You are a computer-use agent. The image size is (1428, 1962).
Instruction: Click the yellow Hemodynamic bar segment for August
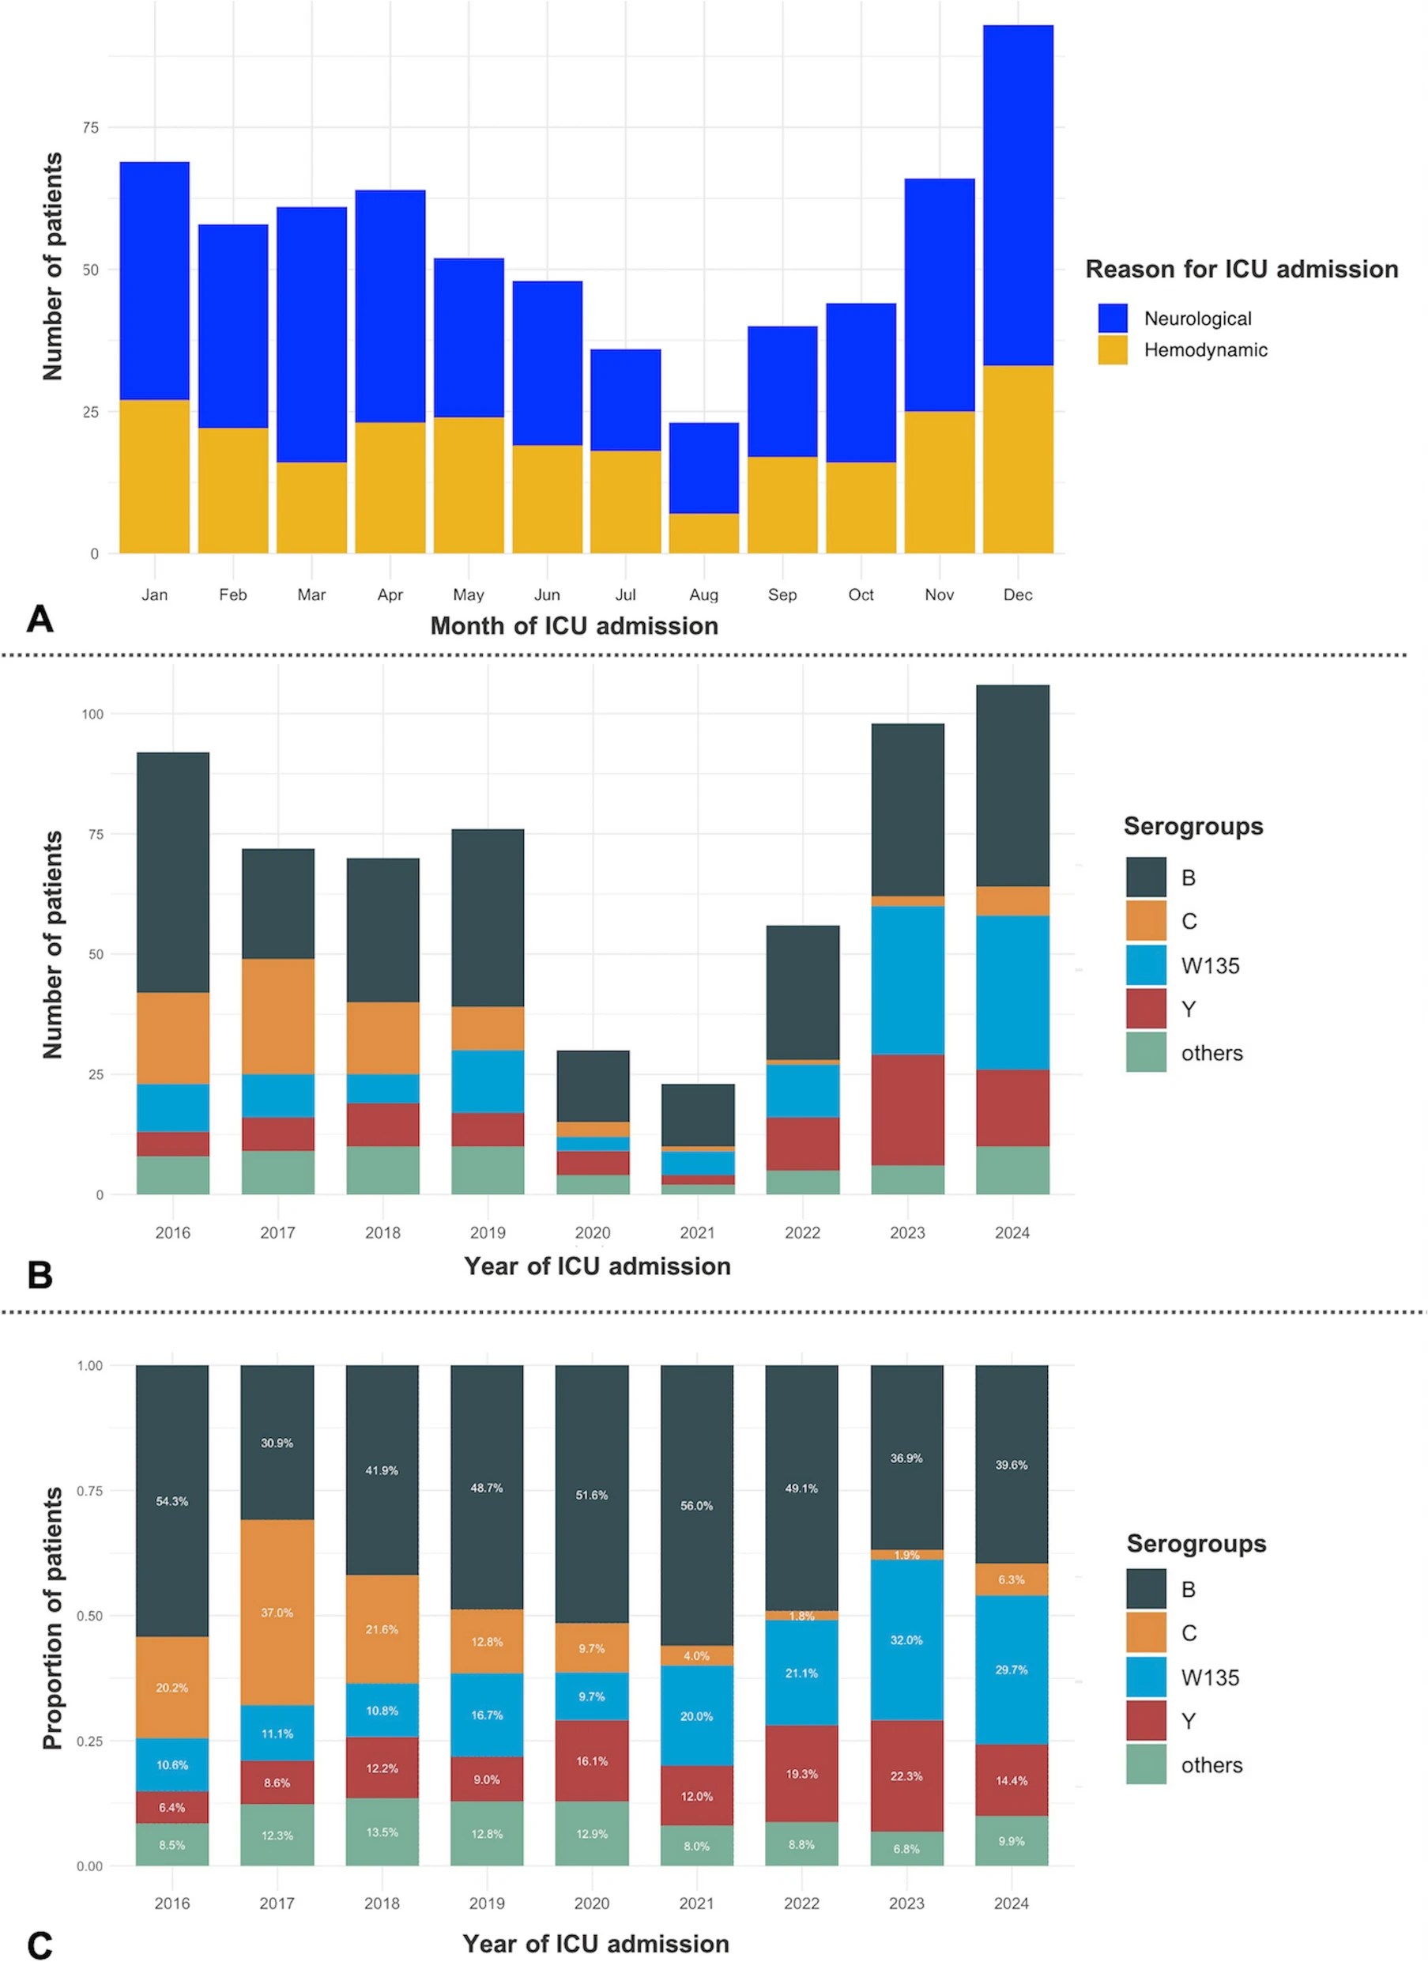click(703, 533)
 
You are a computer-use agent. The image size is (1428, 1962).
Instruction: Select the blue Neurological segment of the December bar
click(1017, 194)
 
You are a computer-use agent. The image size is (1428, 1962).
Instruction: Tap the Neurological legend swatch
click(1113, 319)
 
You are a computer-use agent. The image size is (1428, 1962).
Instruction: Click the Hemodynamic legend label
click(1205, 350)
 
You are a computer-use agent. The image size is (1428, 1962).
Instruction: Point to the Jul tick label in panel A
click(625, 594)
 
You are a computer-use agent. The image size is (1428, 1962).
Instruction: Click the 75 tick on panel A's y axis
click(91, 128)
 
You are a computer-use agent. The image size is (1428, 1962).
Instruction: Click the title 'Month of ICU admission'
click(575, 625)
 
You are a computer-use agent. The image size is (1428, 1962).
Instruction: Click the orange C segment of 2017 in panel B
click(277, 1016)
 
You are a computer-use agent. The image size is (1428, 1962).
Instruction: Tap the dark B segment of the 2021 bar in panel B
click(697, 1115)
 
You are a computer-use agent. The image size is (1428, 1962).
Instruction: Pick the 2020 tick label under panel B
click(593, 1232)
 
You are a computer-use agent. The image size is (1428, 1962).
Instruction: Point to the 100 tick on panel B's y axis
click(92, 714)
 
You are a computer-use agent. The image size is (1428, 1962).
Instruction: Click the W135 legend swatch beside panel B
click(1146, 964)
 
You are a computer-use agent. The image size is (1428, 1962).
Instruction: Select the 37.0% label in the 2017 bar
click(277, 1613)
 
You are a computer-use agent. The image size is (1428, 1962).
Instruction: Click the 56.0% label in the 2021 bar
click(696, 1505)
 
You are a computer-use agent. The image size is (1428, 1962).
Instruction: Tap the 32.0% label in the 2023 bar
click(906, 1639)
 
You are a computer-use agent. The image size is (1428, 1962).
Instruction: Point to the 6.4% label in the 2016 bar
click(172, 1807)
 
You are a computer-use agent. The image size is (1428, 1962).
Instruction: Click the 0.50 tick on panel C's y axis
click(90, 1616)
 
